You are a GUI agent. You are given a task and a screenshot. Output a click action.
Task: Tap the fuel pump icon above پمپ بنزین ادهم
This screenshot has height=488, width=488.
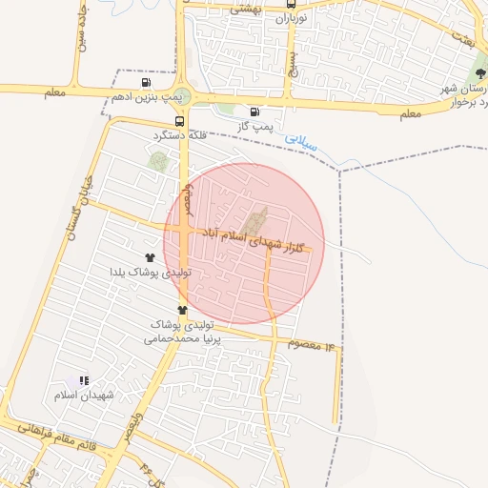click(145, 82)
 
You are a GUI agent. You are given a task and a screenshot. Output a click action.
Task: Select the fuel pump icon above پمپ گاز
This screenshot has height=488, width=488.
click(254, 111)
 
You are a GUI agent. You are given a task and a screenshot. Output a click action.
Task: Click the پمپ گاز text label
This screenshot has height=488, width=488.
click(254, 125)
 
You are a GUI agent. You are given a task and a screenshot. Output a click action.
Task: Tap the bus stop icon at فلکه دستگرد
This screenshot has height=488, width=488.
click(180, 121)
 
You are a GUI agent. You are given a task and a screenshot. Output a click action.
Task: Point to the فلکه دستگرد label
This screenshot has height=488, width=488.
click(180, 135)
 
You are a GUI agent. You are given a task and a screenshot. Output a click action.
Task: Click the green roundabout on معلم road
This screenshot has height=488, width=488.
click(183, 96)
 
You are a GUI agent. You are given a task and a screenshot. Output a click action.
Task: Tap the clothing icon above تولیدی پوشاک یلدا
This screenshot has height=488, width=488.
click(150, 257)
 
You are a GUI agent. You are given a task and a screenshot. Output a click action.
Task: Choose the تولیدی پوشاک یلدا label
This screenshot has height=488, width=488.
click(151, 272)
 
